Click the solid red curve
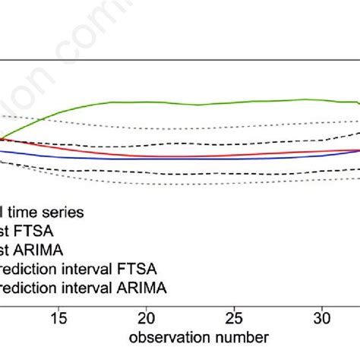click(190, 155)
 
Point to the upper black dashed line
click(190, 142)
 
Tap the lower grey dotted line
click(190, 185)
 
